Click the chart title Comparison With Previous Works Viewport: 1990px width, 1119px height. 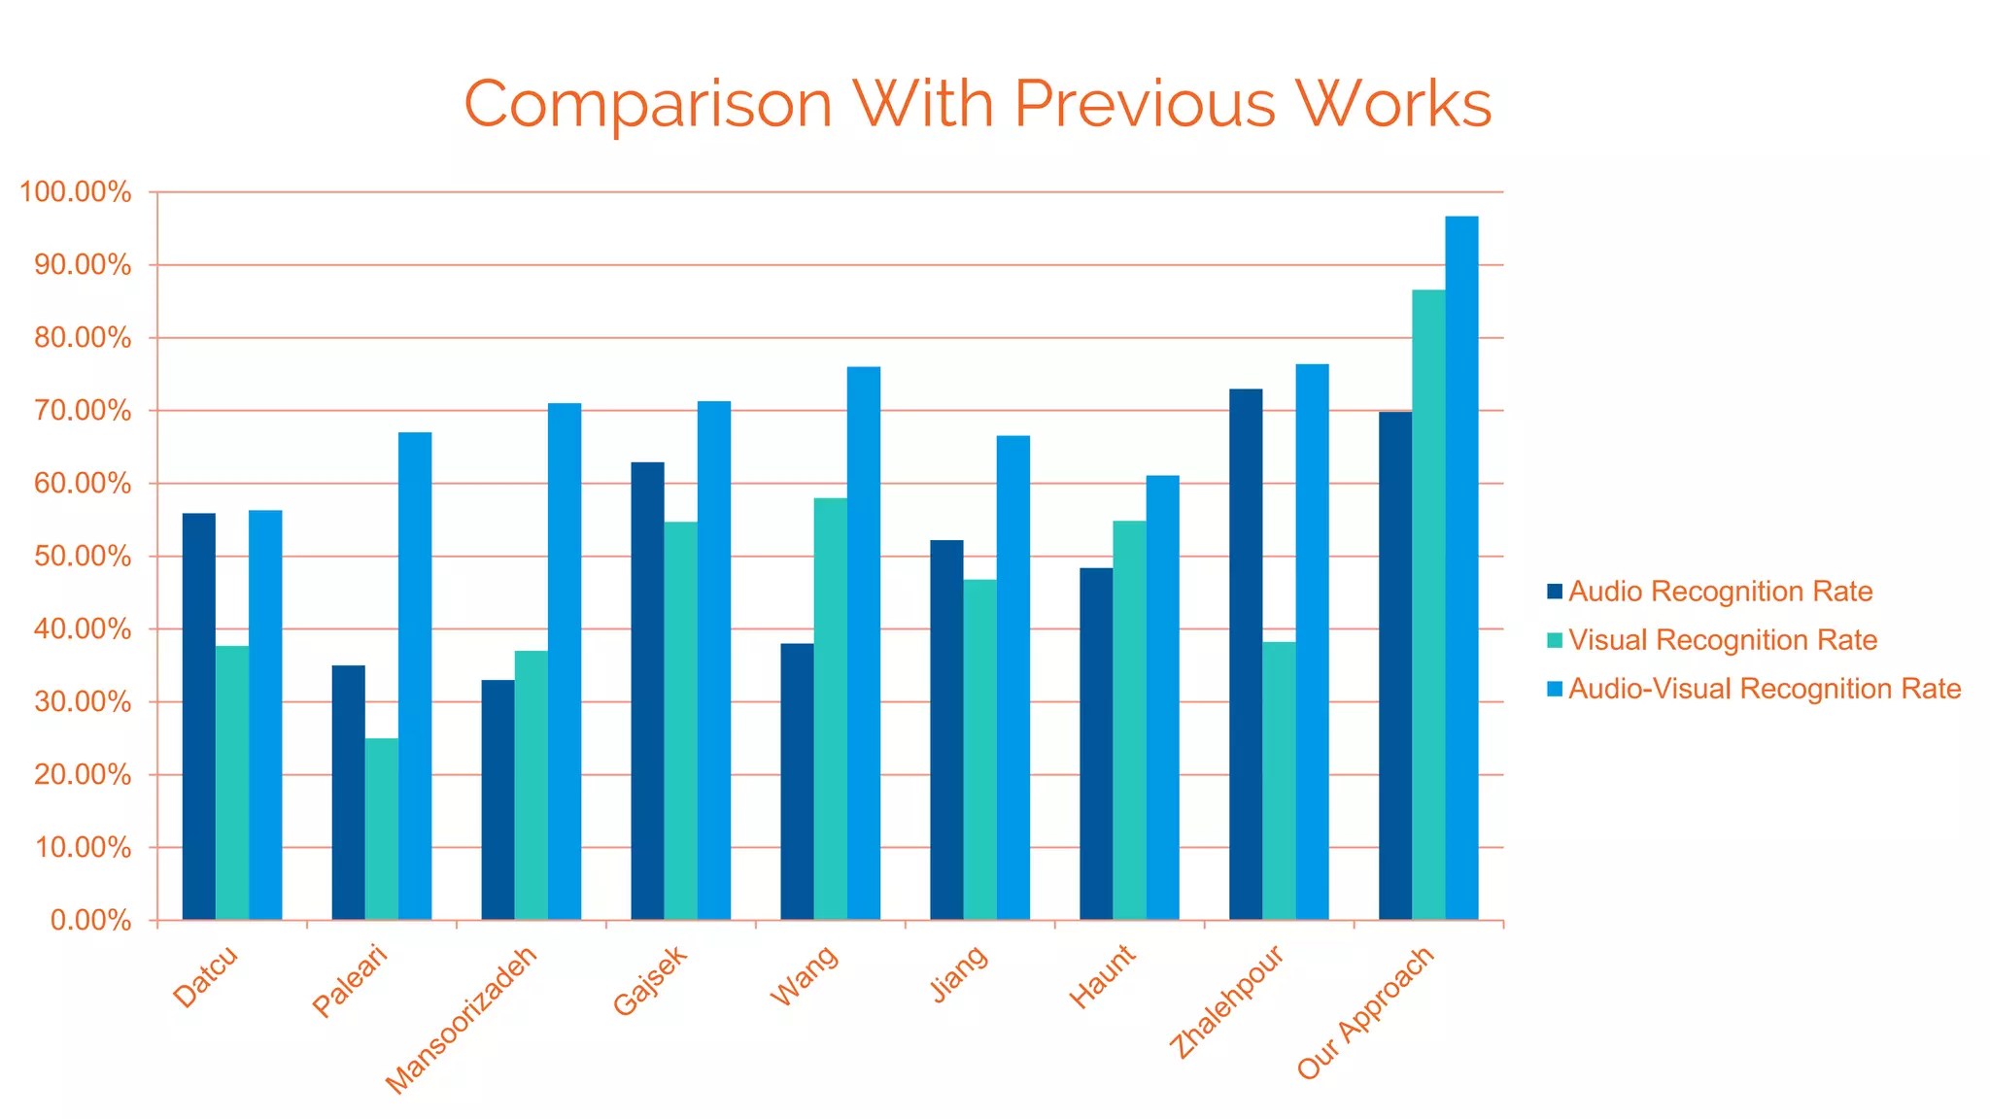click(978, 103)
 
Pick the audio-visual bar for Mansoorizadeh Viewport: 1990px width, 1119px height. click(565, 661)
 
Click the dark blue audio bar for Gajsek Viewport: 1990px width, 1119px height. click(647, 691)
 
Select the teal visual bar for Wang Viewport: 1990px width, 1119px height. click(830, 709)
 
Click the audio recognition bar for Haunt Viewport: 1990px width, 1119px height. click(1096, 743)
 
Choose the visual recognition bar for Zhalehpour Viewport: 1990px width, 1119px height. click(1279, 781)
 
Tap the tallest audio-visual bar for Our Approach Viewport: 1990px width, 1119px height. click(1461, 568)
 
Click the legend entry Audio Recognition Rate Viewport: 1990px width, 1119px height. click(1720, 592)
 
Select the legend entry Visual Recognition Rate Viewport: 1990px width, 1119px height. click(1722, 640)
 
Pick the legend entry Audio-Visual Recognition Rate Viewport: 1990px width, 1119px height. click(1764, 689)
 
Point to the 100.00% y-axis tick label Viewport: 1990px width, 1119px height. click(76, 192)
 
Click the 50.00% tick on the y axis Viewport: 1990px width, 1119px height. click(82, 557)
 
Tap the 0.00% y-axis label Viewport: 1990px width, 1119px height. click(90, 920)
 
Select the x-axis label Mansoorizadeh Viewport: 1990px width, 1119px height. click(462, 1020)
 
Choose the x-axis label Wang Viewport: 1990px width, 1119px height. click(804, 975)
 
